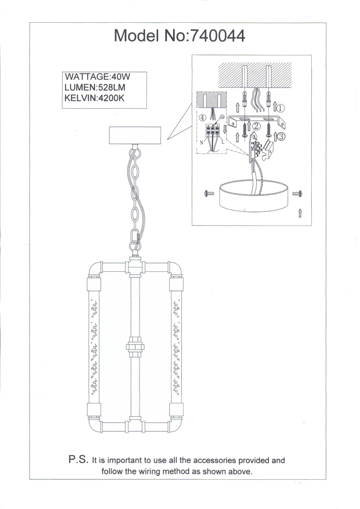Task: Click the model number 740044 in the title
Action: click(x=217, y=36)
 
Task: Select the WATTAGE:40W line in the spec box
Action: click(x=97, y=77)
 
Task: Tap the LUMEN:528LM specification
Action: click(x=95, y=87)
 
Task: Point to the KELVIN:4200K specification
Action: click(x=95, y=98)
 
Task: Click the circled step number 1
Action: click(x=281, y=108)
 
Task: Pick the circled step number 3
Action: click(x=281, y=137)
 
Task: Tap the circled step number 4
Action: click(x=202, y=117)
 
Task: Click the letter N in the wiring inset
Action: click(x=201, y=143)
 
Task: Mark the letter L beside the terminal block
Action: click(x=223, y=142)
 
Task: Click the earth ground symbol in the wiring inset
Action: click(x=222, y=117)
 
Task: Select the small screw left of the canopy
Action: click(x=209, y=194)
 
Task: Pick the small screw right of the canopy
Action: click(x=297, y=194)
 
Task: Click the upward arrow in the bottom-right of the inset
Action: click(x=300, y=213)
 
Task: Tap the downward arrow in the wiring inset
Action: click(x=225, y=130)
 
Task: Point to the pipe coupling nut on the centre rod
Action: click(x=135, y=347)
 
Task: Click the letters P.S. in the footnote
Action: click(x=78, y=459)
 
